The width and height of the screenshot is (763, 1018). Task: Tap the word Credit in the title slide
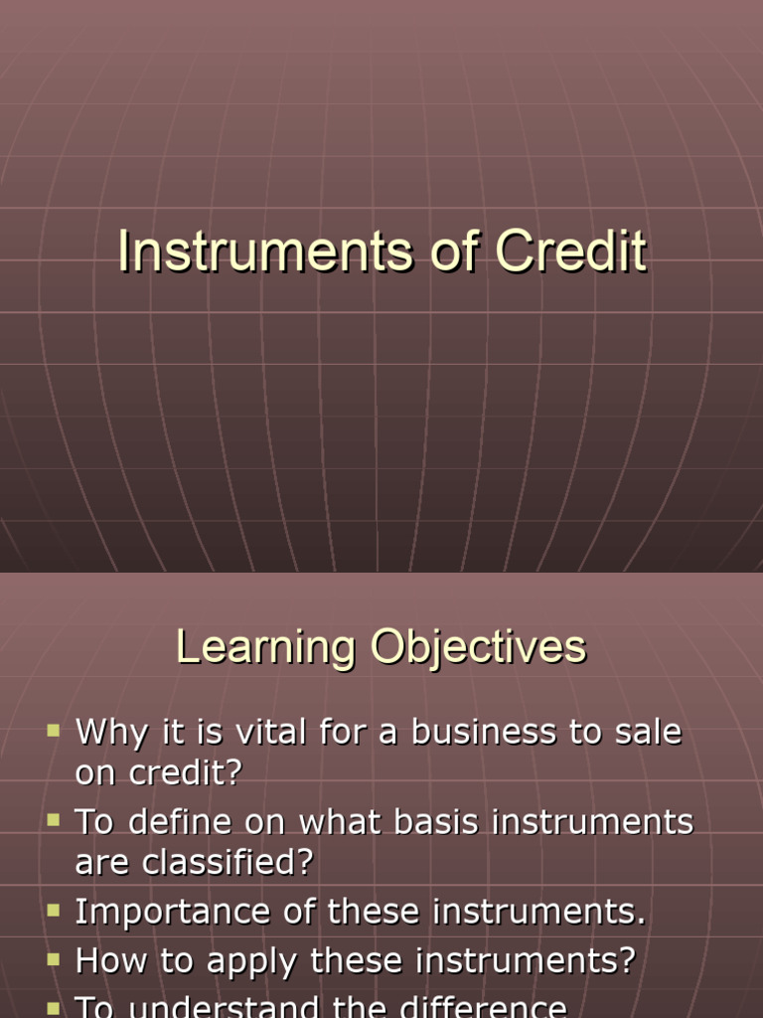571,252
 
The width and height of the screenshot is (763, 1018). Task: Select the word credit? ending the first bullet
158,773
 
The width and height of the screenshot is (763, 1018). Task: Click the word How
107,961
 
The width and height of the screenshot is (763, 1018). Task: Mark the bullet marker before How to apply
54,961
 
